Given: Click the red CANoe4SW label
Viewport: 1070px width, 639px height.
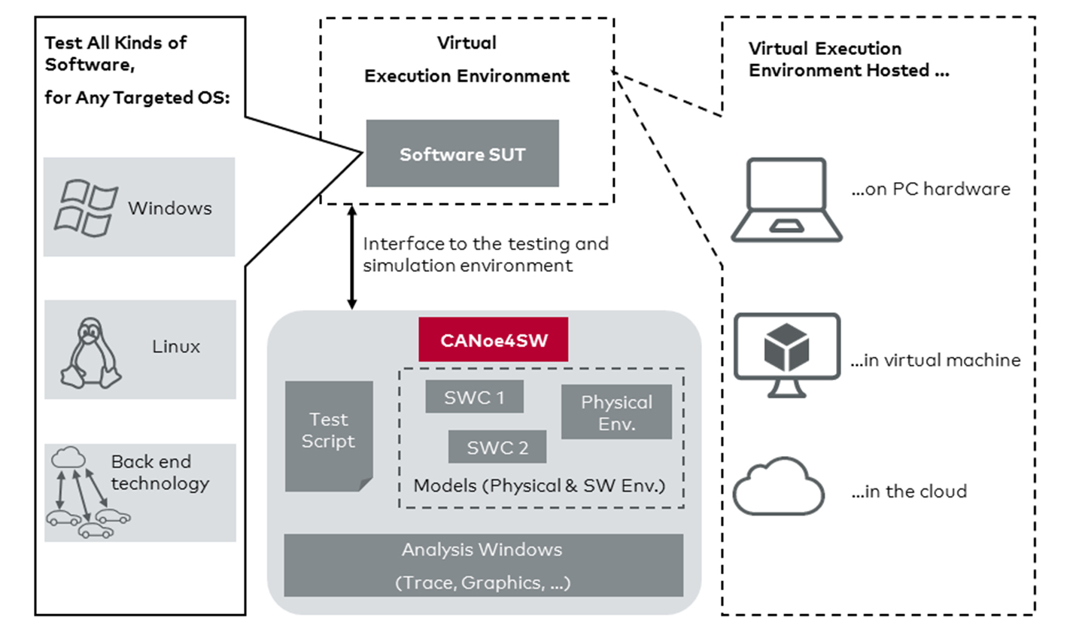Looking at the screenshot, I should click(493, 339).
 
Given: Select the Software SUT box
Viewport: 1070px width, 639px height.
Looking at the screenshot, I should click(462, 154).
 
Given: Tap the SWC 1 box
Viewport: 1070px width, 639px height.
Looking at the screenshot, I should click(474, 397).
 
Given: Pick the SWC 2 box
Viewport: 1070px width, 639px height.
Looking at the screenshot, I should click(497, 447).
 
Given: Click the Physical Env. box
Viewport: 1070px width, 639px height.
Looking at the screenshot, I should click(616, 412).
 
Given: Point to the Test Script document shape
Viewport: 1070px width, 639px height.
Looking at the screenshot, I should click(329, 435).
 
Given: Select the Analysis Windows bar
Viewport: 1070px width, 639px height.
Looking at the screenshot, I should click(483, 565).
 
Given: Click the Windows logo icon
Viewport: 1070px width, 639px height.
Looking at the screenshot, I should click(85, 208).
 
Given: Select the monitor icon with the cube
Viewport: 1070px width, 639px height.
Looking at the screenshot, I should click(786, 354).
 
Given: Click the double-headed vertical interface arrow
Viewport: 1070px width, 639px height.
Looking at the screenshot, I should click(351, 257).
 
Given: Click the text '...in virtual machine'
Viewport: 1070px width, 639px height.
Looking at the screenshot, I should click(935, 361).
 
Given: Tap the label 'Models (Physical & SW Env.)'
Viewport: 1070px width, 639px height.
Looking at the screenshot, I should click(540, 485).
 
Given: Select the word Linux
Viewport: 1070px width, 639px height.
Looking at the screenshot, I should click(176, 346).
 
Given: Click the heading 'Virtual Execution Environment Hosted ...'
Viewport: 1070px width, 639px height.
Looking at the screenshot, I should click(848, 59).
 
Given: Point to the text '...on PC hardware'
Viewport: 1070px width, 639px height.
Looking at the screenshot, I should click(930, 189).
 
